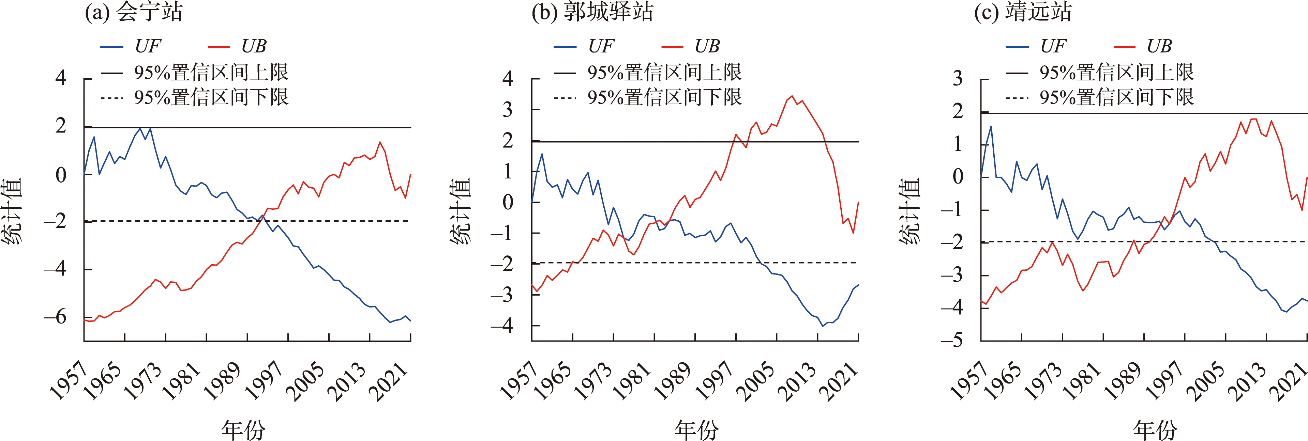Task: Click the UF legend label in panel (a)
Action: pos(147,47)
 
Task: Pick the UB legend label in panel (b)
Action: pos(707,47)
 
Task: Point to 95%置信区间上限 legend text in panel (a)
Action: pos(211,73)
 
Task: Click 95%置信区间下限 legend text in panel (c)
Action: pos(1116,97)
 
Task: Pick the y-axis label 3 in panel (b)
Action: pos(507,110)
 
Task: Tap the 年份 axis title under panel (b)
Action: pos(696,429)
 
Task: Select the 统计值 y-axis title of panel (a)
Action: pos(12,210)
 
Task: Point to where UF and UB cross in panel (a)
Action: pos(262,217)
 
